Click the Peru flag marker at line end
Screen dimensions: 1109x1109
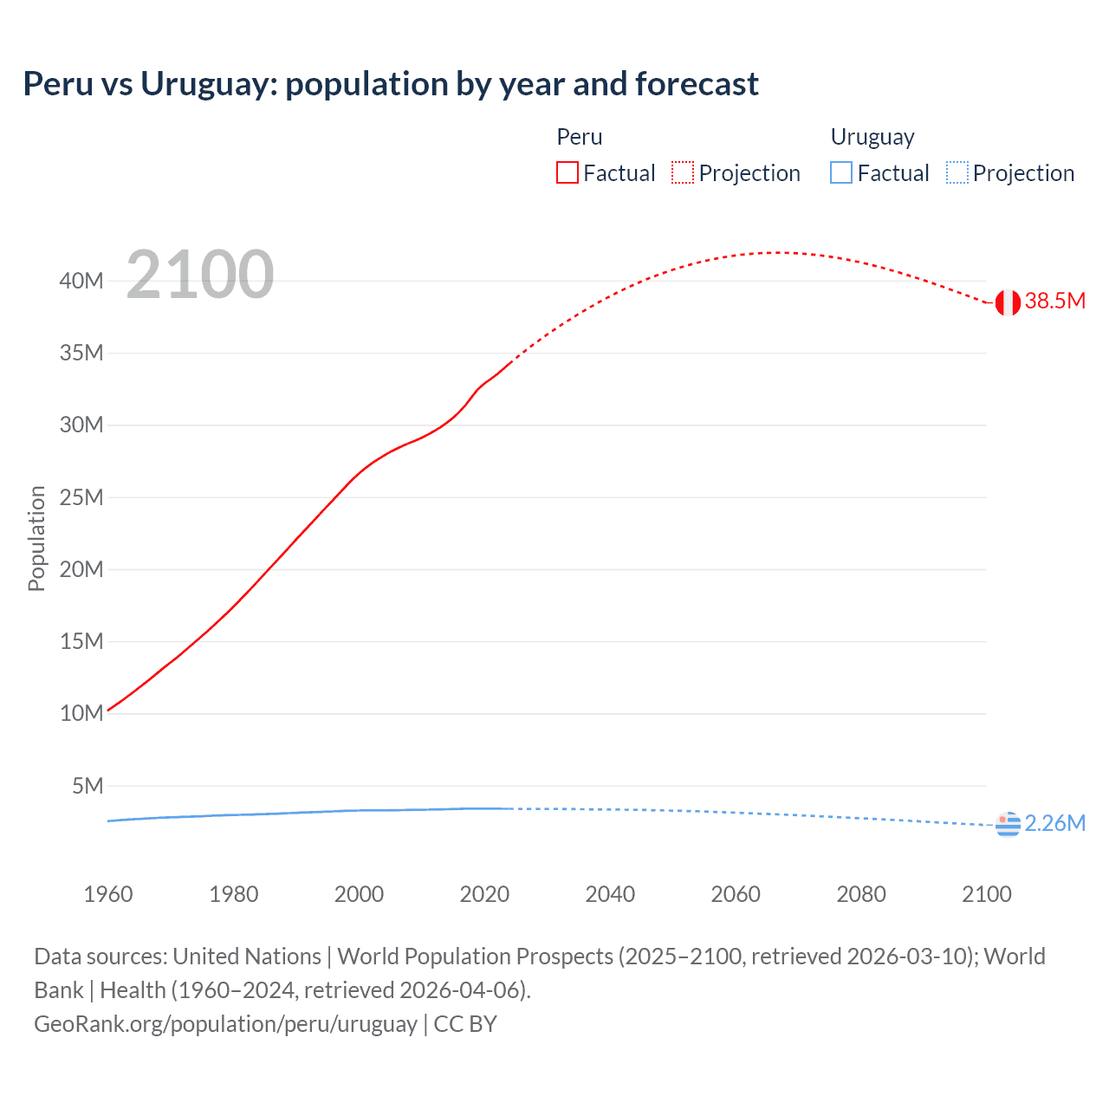[x=1008, y=302]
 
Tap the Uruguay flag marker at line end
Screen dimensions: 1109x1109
[x=1008, y=824]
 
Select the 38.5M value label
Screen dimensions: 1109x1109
[x=1054, y=302]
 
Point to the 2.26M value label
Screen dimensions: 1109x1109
[x=1054, y=823]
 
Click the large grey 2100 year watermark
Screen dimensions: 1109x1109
[x=200, y=275]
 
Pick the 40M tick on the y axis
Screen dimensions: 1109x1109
[x=81, y=281]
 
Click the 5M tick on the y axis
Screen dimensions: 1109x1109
[x=88, y=786]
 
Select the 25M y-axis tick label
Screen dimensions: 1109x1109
[x=81, y=497]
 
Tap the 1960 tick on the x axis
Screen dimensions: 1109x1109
[x=108, y=894]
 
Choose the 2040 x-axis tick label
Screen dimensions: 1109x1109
[x=610, y=894]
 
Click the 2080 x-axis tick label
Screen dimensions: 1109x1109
[x=861, y=894]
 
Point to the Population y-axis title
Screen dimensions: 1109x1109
[x=36, y=538]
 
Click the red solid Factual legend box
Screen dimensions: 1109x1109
[x=567, y=173]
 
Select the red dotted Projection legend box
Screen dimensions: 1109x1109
[x=683, y=173]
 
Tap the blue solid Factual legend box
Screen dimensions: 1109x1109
[x=841, y=173]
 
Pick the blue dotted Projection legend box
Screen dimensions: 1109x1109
[x=957, y=173]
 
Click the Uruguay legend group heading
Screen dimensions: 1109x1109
[x=872, y=137]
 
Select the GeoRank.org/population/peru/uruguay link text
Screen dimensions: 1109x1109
[x=225, y=1024]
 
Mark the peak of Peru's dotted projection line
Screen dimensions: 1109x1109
[x=780, y=253]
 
